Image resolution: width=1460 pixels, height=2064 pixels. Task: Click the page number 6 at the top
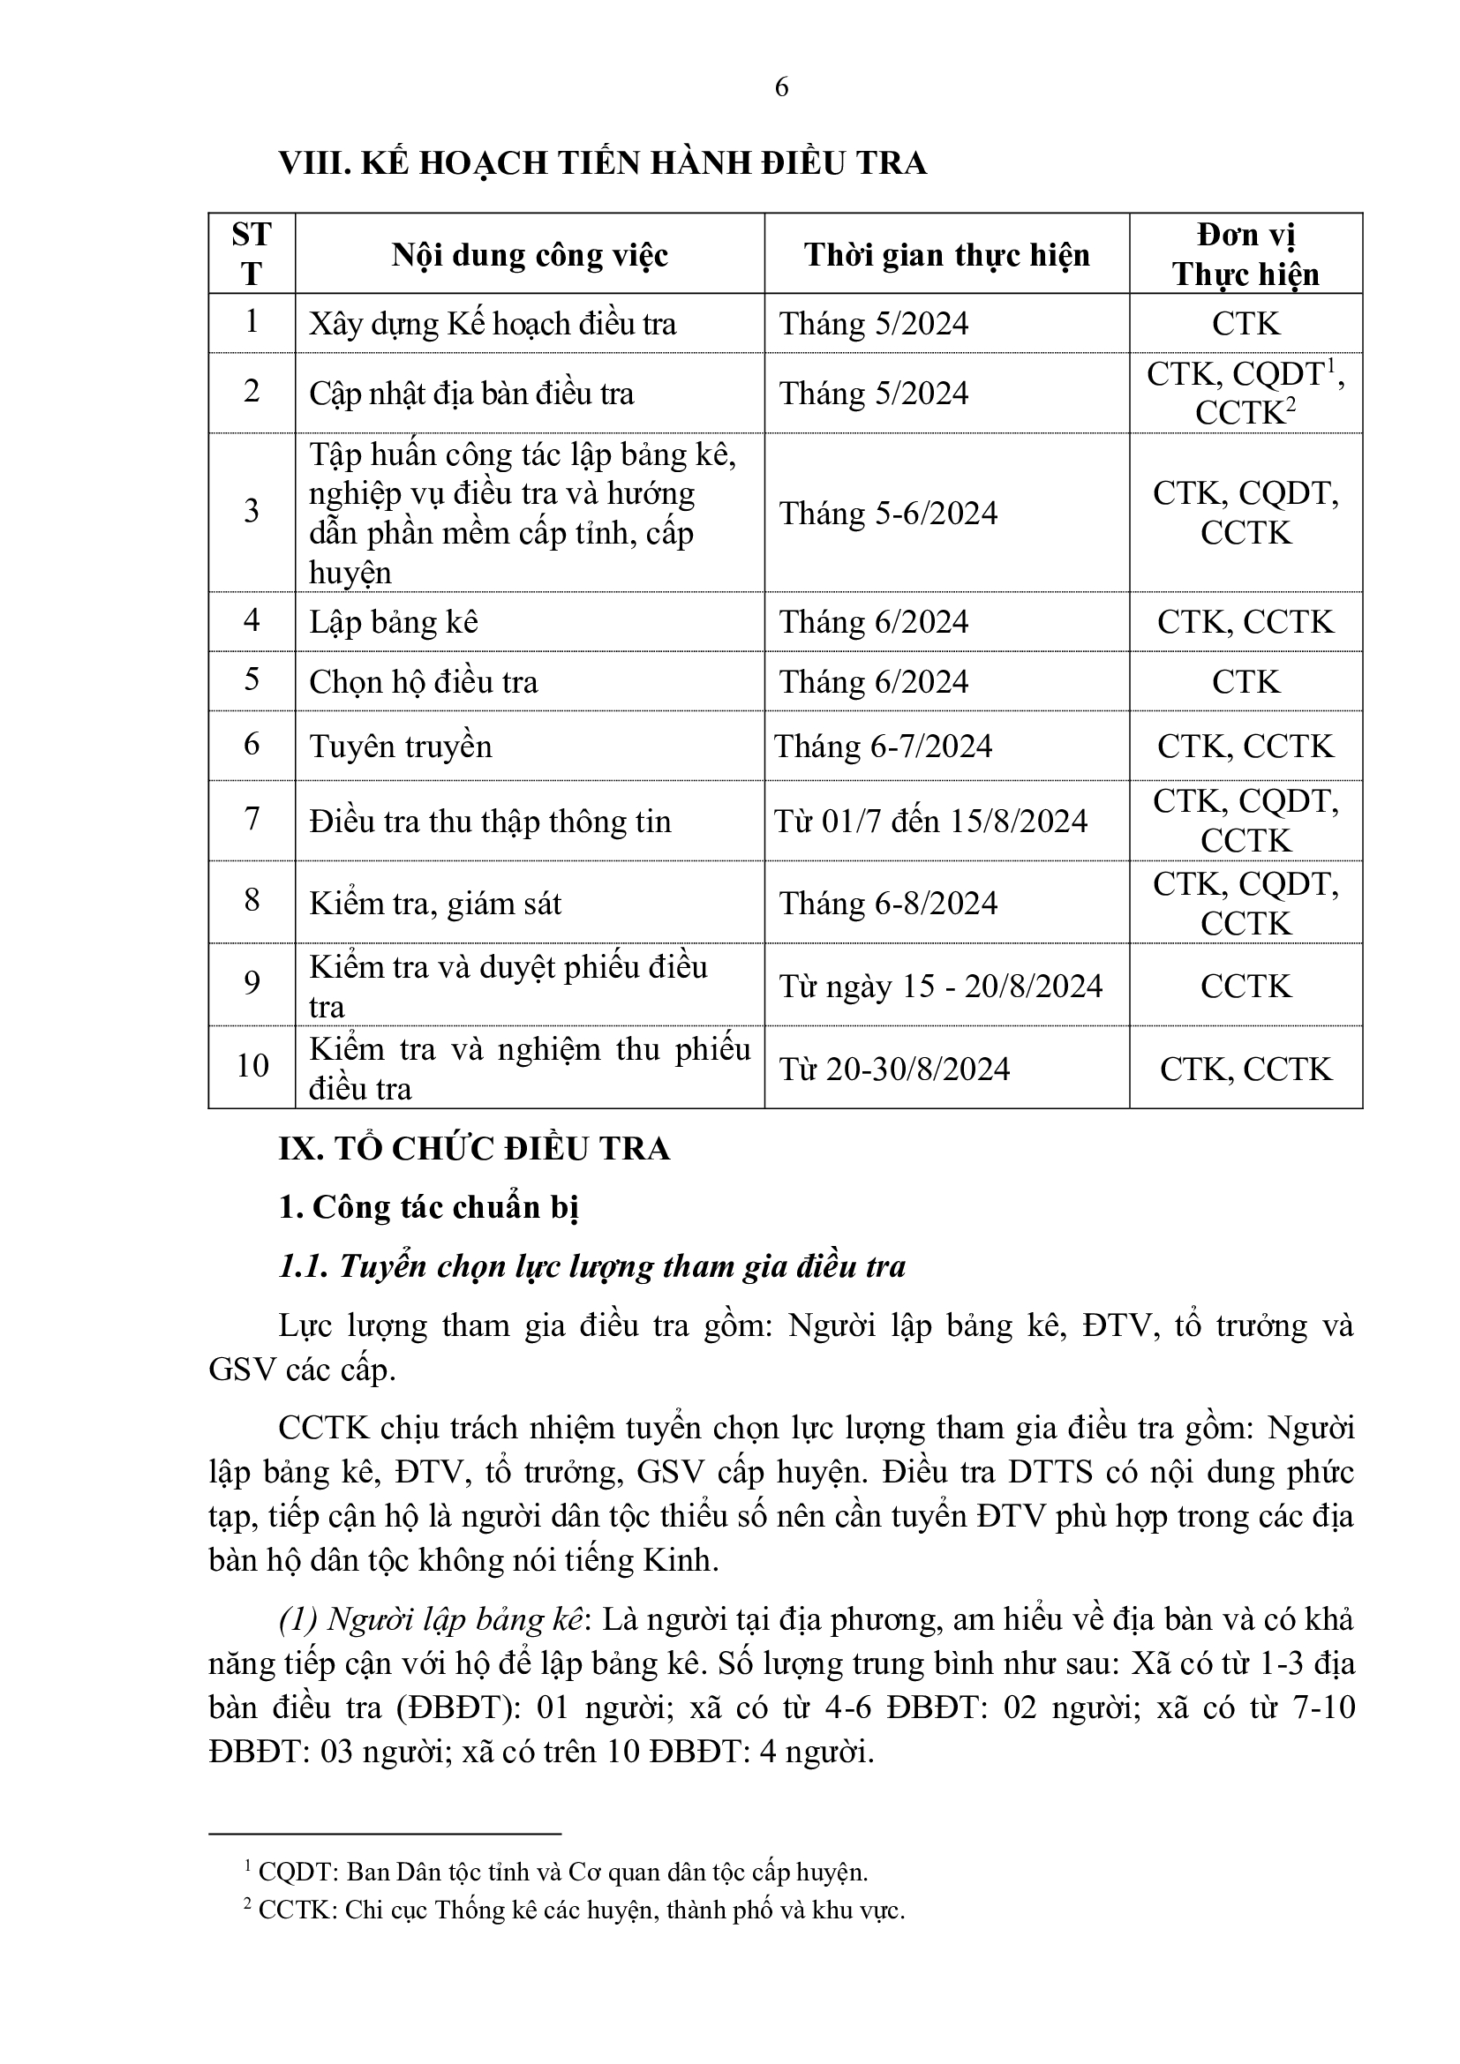pos(781,87)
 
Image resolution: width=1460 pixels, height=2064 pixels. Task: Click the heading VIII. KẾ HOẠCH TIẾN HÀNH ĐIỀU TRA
pos(602,162)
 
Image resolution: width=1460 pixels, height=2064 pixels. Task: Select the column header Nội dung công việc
pos(530,255)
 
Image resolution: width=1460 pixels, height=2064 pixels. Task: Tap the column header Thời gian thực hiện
pos(946,255)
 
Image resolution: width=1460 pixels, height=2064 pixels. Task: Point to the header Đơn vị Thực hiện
pos(1246,254)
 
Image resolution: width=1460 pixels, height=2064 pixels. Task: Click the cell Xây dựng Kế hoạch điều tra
pos(493,324)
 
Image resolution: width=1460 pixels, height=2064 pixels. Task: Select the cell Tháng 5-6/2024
pos(888,514)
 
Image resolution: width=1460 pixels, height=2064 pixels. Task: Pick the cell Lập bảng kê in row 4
pos(394,622)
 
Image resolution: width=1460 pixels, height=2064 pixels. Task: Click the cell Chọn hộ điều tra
pos(424,681)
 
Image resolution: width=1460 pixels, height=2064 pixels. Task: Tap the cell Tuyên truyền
pos(401,747)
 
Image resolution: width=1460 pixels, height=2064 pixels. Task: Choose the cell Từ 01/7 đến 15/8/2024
pos(930,821)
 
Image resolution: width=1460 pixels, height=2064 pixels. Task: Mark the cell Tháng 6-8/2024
pos(888,904)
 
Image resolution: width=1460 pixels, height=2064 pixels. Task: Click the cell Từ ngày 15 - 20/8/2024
pos(940,987)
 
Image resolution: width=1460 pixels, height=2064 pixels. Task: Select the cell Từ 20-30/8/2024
pos(894,1069)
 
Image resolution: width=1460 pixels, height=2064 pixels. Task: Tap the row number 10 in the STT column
pos(252,1066)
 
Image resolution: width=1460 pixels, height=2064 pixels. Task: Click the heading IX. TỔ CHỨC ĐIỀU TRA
pos(475,1150)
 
